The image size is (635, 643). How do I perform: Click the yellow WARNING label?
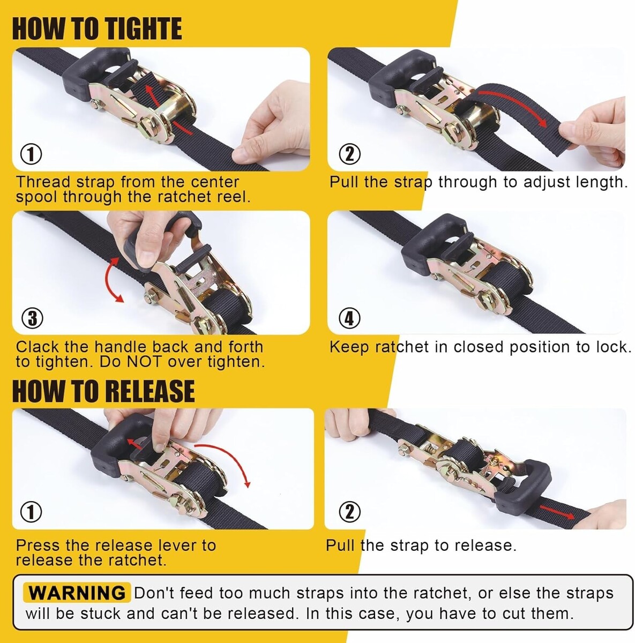point(77,593)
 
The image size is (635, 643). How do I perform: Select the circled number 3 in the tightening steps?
point(32,318)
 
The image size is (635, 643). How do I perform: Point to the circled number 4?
point(349,318)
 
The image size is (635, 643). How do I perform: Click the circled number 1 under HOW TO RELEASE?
point(31,512)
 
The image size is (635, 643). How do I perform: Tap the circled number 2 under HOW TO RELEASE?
point(349,512)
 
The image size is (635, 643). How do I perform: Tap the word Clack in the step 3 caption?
point(38,347)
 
